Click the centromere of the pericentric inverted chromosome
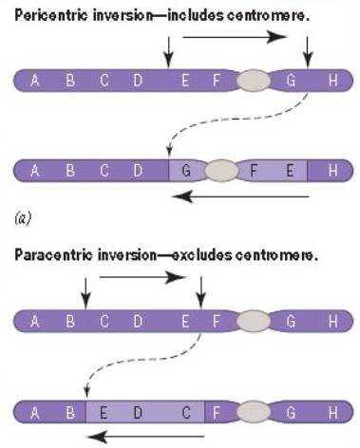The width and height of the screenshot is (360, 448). click(x=220, y=171)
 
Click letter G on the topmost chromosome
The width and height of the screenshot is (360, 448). click(x=293, y=82)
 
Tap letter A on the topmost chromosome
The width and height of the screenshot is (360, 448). click(x=34, y=82)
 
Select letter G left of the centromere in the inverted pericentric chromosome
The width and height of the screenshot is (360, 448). click(x=184, y=172)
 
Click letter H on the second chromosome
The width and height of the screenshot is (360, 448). click(x=332, y=172)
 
